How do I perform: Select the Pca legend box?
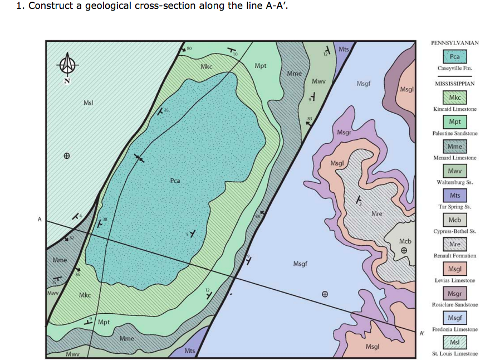coord(454,56)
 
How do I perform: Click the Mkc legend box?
coord(454,98)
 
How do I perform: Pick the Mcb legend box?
coord(454,220)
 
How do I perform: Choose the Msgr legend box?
coord(454,293)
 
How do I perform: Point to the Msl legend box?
coord(454,342)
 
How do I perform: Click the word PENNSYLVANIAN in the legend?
coord(454,43)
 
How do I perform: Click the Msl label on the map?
coord(88,103)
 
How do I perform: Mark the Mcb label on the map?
coord(405,241)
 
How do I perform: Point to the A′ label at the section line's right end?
coord(422,333)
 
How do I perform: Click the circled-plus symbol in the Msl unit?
coord(67,155)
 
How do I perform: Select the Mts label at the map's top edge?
coord(344,49)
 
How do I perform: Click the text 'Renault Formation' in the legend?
coord(454,256)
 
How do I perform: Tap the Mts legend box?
coord(454,196)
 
